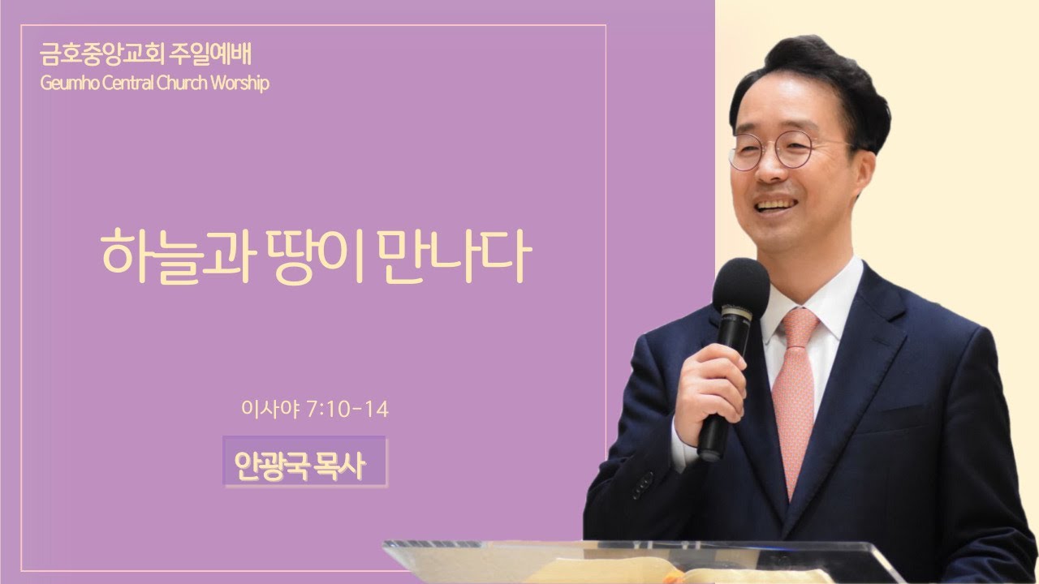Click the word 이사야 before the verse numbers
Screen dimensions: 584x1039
(x=270, y=410)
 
